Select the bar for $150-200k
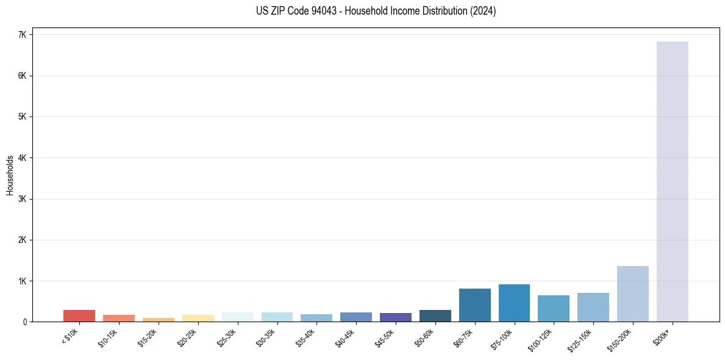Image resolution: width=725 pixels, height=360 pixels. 632,293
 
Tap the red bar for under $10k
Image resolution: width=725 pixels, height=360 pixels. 79,315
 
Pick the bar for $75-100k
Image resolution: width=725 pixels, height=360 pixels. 514,303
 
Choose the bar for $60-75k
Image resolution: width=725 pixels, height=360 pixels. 474,305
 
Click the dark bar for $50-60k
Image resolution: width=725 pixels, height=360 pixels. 435,315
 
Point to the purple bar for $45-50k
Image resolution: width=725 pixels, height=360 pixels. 395,317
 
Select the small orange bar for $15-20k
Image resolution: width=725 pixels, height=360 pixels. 158,320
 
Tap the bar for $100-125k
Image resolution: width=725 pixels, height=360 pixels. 554,308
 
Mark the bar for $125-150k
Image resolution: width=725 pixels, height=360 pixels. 593,307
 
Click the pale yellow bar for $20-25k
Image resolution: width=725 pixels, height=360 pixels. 198,318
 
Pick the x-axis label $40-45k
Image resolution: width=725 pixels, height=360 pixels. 345,336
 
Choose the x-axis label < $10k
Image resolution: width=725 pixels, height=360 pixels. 70,336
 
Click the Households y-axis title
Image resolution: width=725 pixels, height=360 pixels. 10,175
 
